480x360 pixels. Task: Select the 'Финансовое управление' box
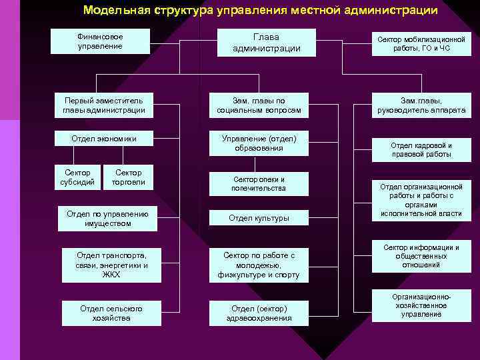[x=100, y=41]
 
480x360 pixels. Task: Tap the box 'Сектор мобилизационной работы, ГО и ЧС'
[x=421, y=44]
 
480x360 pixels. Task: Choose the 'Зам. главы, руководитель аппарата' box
[x=421, y=105]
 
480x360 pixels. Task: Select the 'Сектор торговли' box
[x=128, y=177]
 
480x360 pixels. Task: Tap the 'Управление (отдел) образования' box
[x=259, y=143]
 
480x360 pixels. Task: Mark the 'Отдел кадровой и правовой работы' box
[x=421, y=149]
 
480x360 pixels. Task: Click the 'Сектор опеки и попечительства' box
[x=259, y=183]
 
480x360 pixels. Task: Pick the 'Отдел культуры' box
[x=259, y=217]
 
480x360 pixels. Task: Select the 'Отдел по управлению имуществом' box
[x=107, y=219]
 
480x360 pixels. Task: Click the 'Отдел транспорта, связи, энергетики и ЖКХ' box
[x=111, y=264]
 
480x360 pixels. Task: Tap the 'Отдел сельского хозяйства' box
[x=111, y=313]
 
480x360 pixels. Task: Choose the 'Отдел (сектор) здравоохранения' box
[x=259, y=313]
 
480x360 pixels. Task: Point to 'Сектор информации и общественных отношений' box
[x=421, y=256]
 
